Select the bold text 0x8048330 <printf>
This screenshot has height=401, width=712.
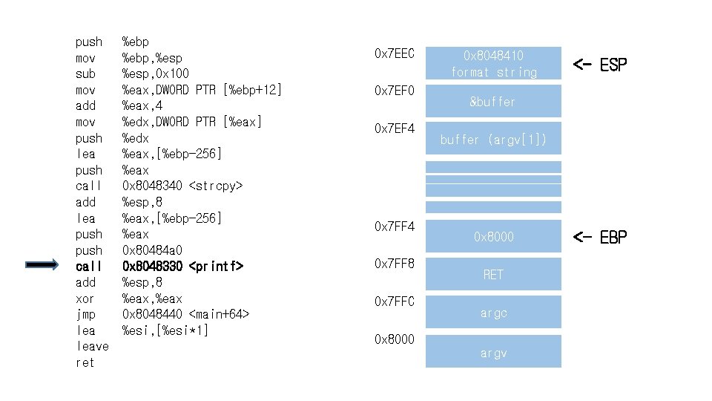(182, 266)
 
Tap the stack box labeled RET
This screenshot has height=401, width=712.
(493, 275)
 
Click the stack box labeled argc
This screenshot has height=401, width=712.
(493, 313)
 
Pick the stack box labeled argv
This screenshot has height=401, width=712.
(493, 353)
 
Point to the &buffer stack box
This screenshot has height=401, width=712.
(493, 102)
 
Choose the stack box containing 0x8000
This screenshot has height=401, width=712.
(493, 237)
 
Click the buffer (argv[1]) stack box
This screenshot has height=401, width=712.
(493, 140)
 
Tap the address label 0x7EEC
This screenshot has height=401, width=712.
(395, 53)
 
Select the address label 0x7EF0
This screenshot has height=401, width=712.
(395, 91)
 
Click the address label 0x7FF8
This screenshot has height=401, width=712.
(395, 263)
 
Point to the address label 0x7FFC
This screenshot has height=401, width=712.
(395, 301)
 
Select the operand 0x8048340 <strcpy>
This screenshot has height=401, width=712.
(182, 186)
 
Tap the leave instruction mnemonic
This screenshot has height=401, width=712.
(92, 346)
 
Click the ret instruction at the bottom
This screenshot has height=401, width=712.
(85, 362)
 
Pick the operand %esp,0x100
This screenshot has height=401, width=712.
(155, 74)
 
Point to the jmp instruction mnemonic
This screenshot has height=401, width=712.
(85, 314)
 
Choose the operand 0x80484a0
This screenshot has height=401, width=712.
(153, 250)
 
